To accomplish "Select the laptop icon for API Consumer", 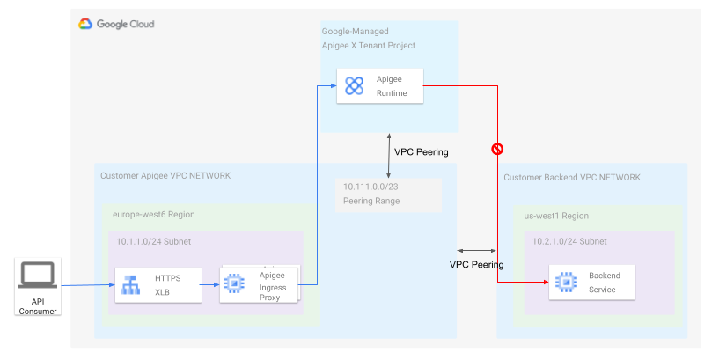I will click(x=37, y=276).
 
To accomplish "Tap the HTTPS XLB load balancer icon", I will click(x=130, y=284).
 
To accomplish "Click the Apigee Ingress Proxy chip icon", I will click(x=234, y=284).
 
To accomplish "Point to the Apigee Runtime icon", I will click(x=354, y=85).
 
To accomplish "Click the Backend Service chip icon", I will click(x=564, y=283).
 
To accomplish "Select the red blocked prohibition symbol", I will click(x=497, y=150).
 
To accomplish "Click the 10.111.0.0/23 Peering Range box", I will click(x=387, y=195).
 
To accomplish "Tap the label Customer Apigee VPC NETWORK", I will click(x=165, y=176).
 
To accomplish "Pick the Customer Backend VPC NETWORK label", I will click(x=572, y=178).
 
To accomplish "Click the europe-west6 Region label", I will click(x=154, y=214).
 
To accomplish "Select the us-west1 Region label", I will click(x=558, y=216).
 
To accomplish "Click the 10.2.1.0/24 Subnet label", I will click(x=569, y=241).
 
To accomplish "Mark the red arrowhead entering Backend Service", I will click(x=544, y=283).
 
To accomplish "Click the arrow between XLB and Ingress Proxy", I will click(x=211, y=284).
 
